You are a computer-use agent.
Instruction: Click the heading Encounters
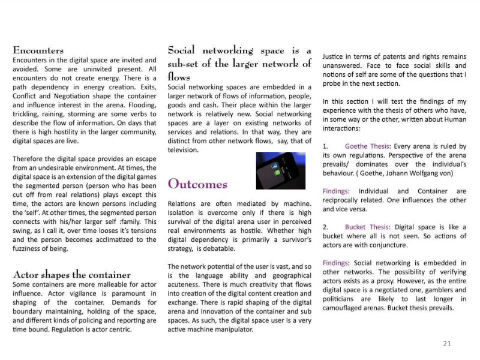click(x=38, y=50)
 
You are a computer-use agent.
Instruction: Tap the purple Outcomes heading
click(x=197, y=184)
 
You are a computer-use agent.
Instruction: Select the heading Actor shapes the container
click(x=71, y=275)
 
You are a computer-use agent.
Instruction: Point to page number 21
click(x=446, y=344)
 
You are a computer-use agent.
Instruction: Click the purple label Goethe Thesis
click(x=368, y=146)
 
